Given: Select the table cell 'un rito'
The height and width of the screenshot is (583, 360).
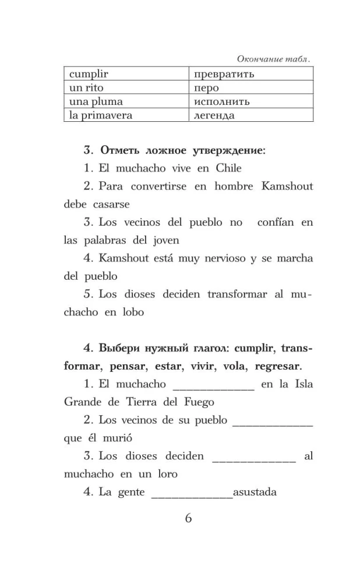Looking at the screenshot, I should coord(85,88).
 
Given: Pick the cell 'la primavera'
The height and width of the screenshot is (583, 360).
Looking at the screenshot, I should coord(101,115).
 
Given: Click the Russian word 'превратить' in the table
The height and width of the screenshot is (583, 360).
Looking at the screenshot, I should coord(224,75).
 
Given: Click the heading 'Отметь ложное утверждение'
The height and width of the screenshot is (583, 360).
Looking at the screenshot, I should coord(182,150).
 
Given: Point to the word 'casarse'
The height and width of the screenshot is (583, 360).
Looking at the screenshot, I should coord(111,205).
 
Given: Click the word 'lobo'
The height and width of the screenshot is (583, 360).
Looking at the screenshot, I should coord(131,312).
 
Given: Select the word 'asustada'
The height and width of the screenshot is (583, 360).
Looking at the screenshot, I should coord(255,492).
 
